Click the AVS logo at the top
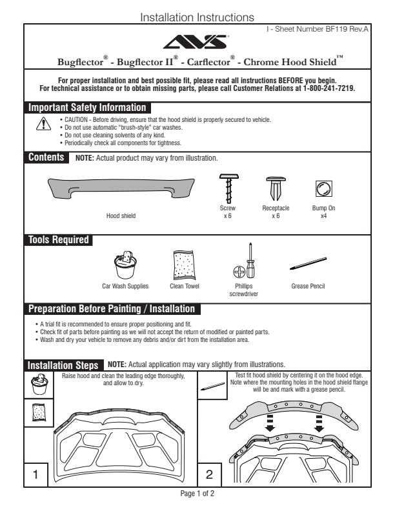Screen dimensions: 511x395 click(x=197, y=43)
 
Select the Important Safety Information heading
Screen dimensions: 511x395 click(x=87, y=108)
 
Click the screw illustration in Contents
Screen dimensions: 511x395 click(x=227, y=188)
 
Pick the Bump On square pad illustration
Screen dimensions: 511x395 click(x=323, y=189)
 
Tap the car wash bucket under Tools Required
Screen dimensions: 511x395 click(x=125, y=266)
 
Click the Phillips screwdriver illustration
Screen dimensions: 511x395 click(x=244, y=263)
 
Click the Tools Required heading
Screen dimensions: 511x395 click(x=58, y=240)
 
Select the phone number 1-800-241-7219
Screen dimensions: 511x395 click(x=329, y=88)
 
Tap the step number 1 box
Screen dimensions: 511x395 click(x=36, y=475)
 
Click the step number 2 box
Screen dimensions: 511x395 click(x=209, y=475)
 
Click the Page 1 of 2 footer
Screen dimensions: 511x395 click(x=197, y=494)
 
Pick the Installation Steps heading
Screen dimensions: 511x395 click(x=63, y=365)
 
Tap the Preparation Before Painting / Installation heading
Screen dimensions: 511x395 click(x=112, y=309)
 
